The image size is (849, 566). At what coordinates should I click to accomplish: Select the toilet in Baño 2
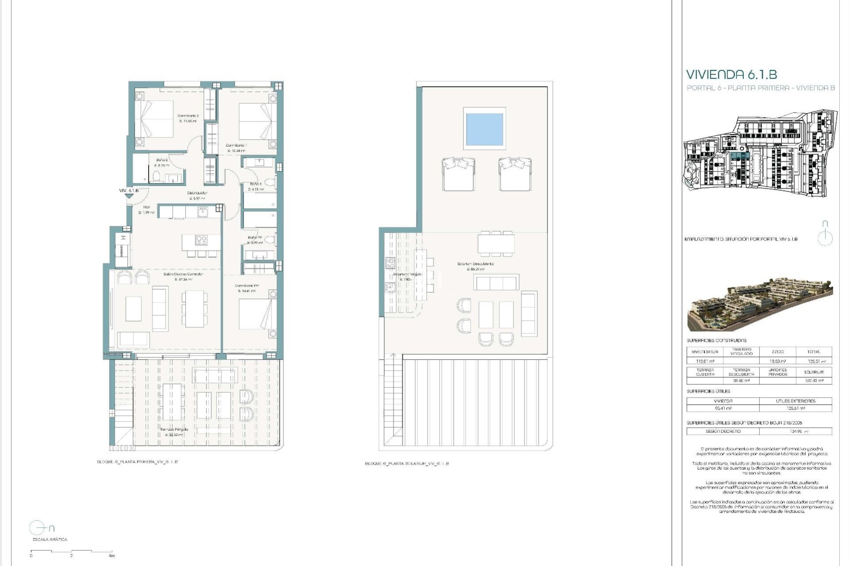[156, 177]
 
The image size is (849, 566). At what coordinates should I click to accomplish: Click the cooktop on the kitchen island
[201, 240]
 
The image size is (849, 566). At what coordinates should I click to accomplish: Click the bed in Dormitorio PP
[255, 314]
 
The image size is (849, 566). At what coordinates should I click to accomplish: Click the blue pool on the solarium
[484, 128]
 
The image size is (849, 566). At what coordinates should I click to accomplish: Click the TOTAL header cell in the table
[813, 352]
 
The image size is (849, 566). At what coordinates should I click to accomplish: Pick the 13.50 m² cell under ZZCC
[777, 361]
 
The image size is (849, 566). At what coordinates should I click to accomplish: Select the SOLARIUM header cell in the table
[813, 372]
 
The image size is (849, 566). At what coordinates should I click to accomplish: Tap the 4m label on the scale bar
[111, 556]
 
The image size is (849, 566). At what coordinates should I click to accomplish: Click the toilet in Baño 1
[271, 183]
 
